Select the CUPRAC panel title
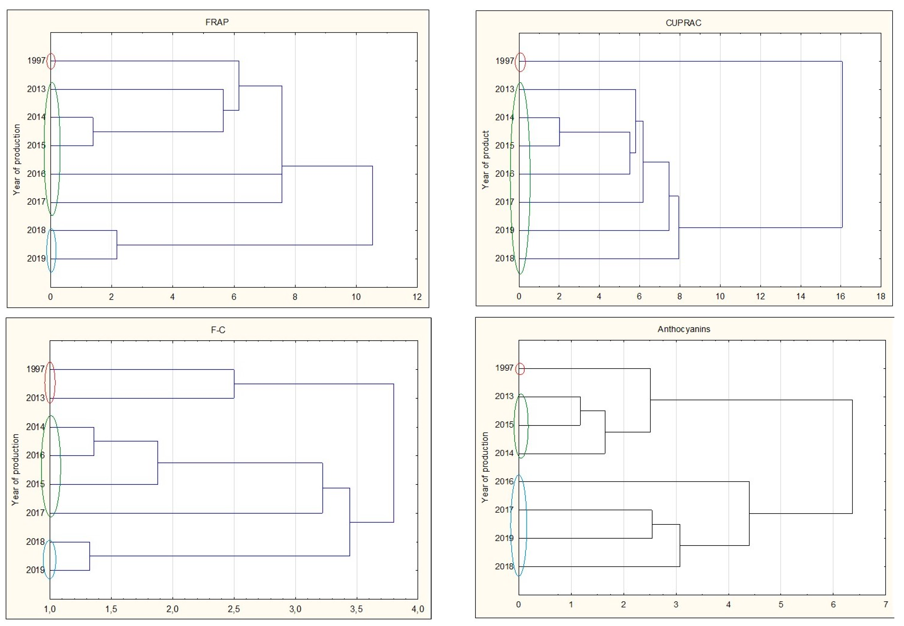(683, 23)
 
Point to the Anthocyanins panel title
(684, 329)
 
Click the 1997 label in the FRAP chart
(36, 61)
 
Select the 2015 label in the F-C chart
(35, 484)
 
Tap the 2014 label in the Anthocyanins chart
(504, 453)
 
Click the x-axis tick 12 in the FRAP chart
(417, 297)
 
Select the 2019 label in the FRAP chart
(36, 259)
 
